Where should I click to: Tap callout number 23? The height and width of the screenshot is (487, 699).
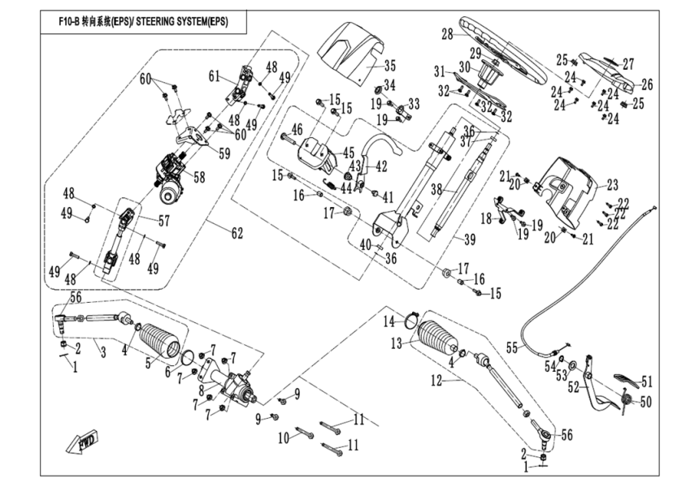click(x=612, y=184)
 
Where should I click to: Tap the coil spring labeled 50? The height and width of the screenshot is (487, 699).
click(x=625, y=398)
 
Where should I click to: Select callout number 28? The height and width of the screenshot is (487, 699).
click(x=446, y=35)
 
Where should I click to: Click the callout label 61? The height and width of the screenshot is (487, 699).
click(x=215, y=76)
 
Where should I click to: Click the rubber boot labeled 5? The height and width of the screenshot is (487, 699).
click(x=159, y=341)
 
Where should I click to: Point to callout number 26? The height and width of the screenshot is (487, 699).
click(x=647, y=84)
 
